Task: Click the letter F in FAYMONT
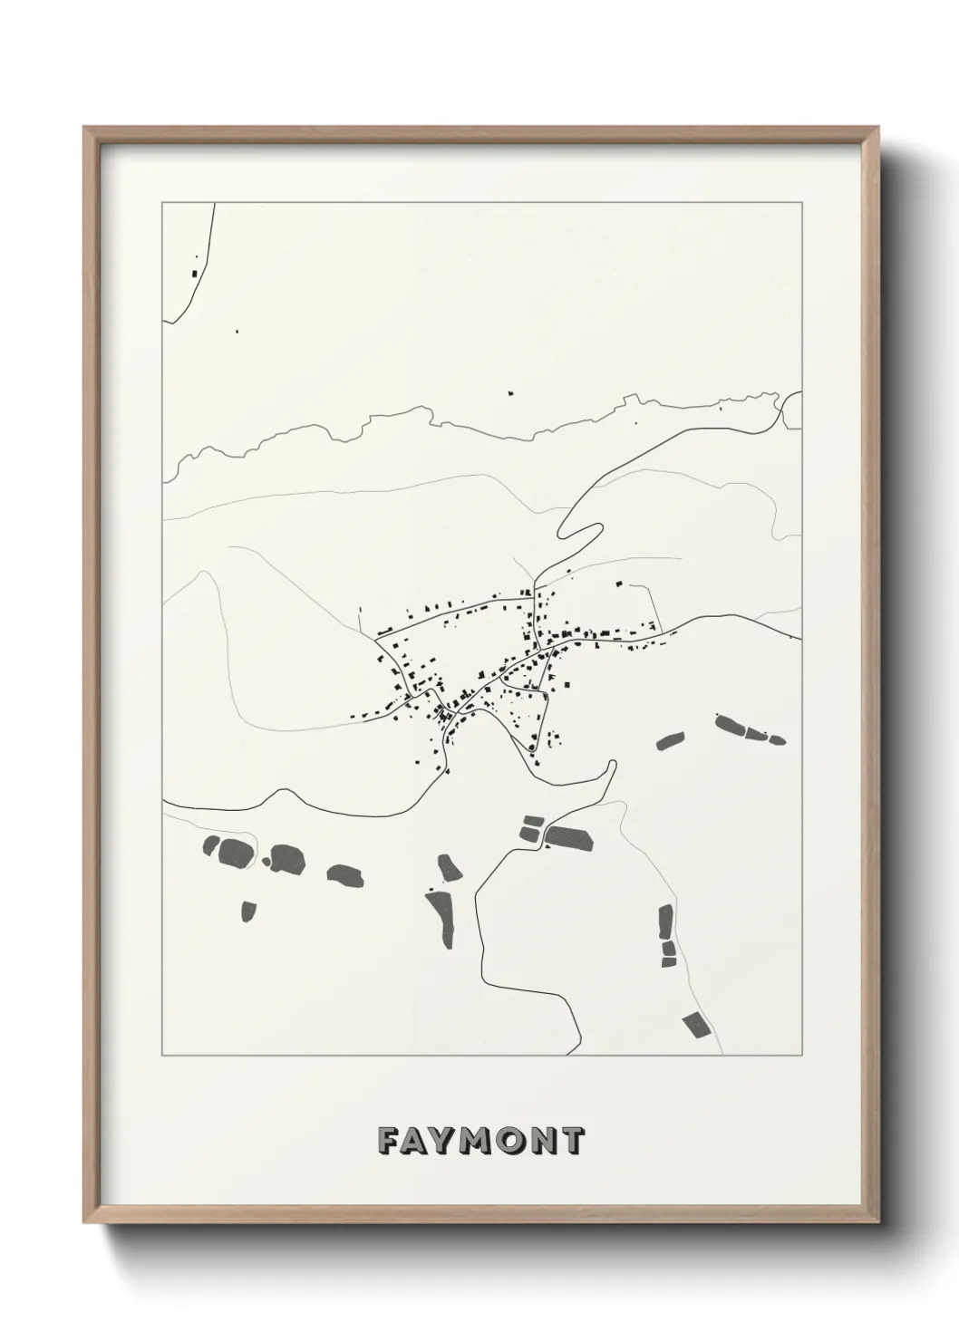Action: point(389,1141)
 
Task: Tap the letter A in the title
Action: point(418,1141)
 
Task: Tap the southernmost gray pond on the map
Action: point(696,1024)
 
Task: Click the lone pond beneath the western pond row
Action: point(247,910)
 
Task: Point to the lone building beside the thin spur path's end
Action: point(620,584)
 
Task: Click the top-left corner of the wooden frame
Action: point(84,128)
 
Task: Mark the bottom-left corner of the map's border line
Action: point(162,1056)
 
